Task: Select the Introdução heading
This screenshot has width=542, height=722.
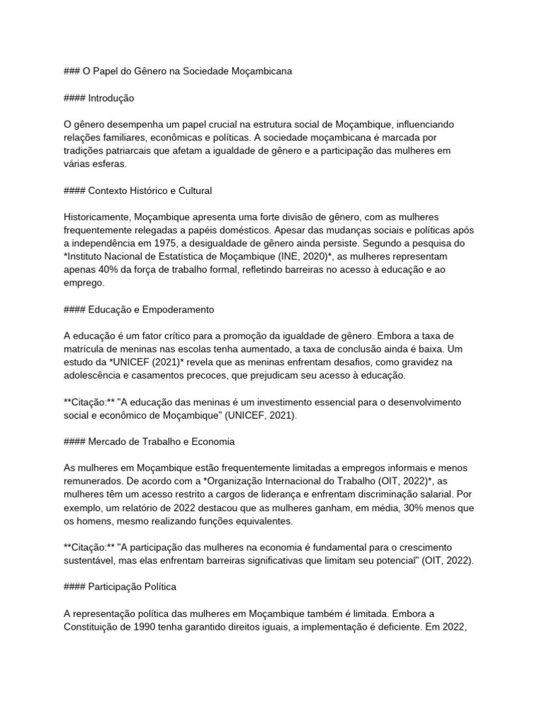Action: [x=111, y=98]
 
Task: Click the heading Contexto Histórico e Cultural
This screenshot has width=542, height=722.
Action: [x=150, y=190]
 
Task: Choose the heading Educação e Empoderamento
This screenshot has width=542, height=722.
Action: [x=151, y=310]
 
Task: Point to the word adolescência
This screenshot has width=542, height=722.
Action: [x=95, y=376]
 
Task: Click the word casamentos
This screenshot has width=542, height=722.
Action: [x=168, y=376]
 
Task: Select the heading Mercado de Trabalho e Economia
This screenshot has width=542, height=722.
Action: [x=161, y=441]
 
